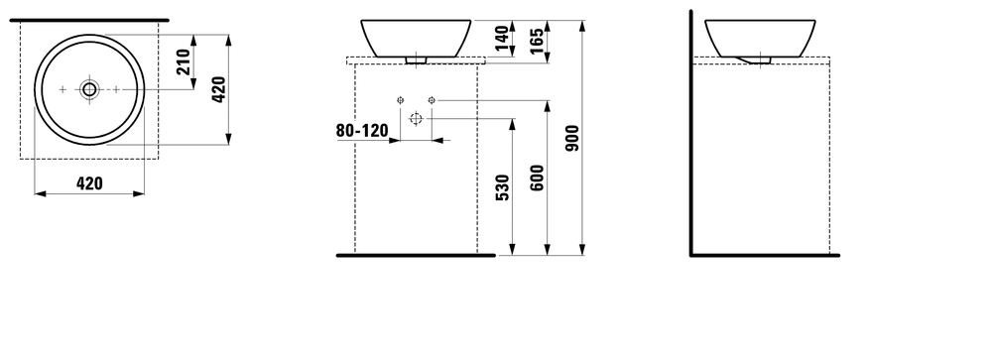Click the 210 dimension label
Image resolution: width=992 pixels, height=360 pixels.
click(183, 62)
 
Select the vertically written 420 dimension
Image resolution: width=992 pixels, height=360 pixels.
click(218, 89)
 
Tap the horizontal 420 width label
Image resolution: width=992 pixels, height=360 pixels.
click(89, 183)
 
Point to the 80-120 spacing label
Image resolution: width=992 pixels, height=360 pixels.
click(362, 131)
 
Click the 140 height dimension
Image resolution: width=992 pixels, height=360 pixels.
click(502, 38)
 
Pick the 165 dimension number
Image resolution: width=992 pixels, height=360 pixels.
click(537, 41)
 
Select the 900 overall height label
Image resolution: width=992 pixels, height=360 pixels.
click(572, 138)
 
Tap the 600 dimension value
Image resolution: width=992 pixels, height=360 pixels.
click(537, 178)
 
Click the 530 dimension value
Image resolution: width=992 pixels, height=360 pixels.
click(502, 187)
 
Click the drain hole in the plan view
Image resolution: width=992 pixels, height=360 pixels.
click(89, 90)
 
